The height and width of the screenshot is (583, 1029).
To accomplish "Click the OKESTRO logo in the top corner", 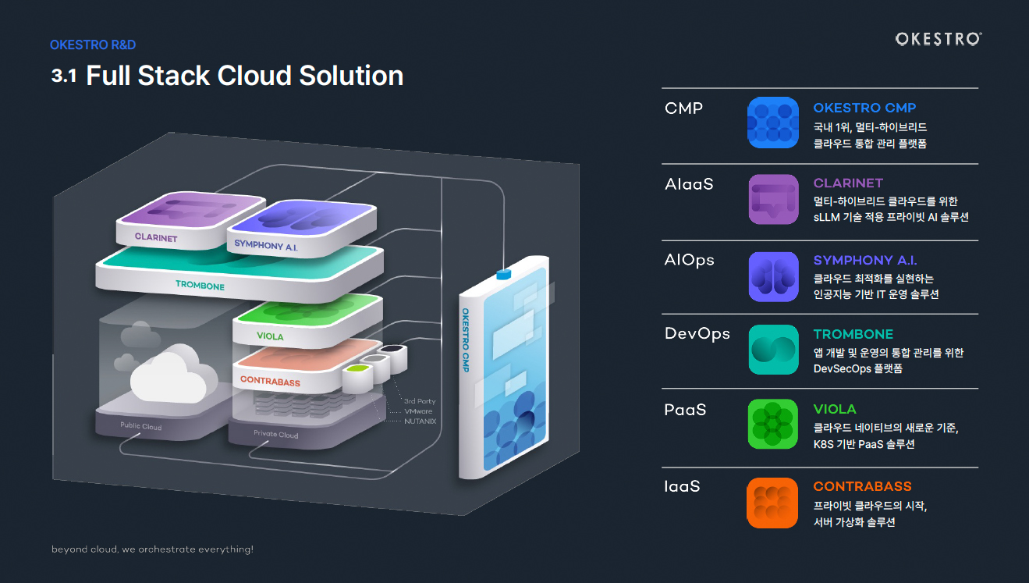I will click(939, 39).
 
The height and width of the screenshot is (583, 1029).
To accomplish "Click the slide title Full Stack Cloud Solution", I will click(244, 76).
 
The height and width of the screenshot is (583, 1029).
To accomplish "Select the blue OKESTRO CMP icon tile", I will click(773, 123).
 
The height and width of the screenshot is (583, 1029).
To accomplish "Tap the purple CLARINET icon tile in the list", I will click(773, 199).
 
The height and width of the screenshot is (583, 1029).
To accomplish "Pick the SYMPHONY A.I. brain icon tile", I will click(773, 276).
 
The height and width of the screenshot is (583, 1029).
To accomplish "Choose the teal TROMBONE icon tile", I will click(773, 350).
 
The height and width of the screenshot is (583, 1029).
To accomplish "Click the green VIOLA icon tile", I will click(773, 424).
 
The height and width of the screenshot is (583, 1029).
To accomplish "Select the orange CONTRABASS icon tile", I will click(773, 502).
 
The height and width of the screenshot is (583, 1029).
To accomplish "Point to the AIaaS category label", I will click(689, 185).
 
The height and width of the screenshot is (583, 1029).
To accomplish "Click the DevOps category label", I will click(697, 334).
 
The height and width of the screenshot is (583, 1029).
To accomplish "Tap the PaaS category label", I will click(685, 409).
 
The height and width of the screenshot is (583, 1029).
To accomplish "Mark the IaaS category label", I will click(683, 486).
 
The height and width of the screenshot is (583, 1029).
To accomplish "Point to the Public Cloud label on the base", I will click(141, 427).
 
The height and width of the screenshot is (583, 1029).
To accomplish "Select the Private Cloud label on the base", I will click(276, 434).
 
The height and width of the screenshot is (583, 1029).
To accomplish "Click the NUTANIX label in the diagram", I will click(420, 421).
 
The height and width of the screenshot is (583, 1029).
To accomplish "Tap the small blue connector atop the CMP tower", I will click(502, 274).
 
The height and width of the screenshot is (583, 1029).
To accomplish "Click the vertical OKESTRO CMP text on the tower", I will click(466, 339).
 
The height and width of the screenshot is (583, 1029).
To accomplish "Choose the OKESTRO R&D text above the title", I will click(93, 45).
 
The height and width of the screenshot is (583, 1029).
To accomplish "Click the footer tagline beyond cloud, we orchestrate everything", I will click(152, 549).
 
